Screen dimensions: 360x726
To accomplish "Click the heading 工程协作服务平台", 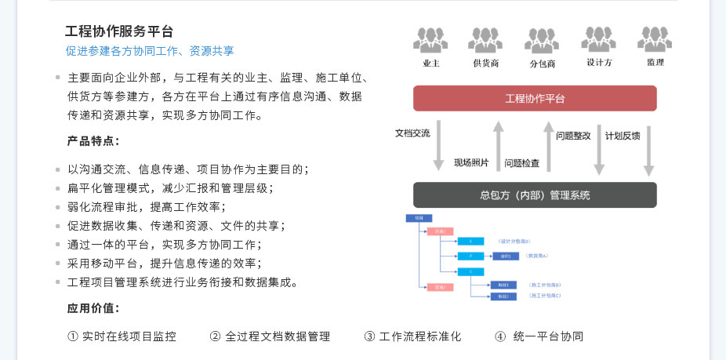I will pos(119,31).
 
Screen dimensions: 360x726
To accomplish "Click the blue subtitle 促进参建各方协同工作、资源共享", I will pos(150,51).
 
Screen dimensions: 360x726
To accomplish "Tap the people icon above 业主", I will pos(430,39).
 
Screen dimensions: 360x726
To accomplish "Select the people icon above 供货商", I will pos(485,39).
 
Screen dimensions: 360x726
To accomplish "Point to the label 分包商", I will pos(542,64).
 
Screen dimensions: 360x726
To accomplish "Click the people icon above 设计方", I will pos(598,39).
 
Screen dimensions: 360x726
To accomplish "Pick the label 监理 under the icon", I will pos(655,63).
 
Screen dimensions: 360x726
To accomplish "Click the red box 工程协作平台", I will pos(535,99).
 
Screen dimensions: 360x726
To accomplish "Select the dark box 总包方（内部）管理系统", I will pos(535,195).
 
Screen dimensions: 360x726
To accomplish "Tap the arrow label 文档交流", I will pos(412,133).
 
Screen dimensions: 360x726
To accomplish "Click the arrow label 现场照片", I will pos(471,163).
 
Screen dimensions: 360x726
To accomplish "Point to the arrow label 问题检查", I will pos(521,163).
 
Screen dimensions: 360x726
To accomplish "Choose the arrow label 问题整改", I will pos(573,135).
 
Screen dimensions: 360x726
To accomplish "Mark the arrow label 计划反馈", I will pos(623,135).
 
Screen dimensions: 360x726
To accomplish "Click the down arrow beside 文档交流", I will pos(439,146).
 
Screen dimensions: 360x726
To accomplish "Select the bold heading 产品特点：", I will pos(93,141).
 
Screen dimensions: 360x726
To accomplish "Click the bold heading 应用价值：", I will pos(93,307).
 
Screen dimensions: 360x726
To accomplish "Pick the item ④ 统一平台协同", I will pos(539,336).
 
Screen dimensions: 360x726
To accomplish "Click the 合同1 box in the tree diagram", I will pos(506,256).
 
